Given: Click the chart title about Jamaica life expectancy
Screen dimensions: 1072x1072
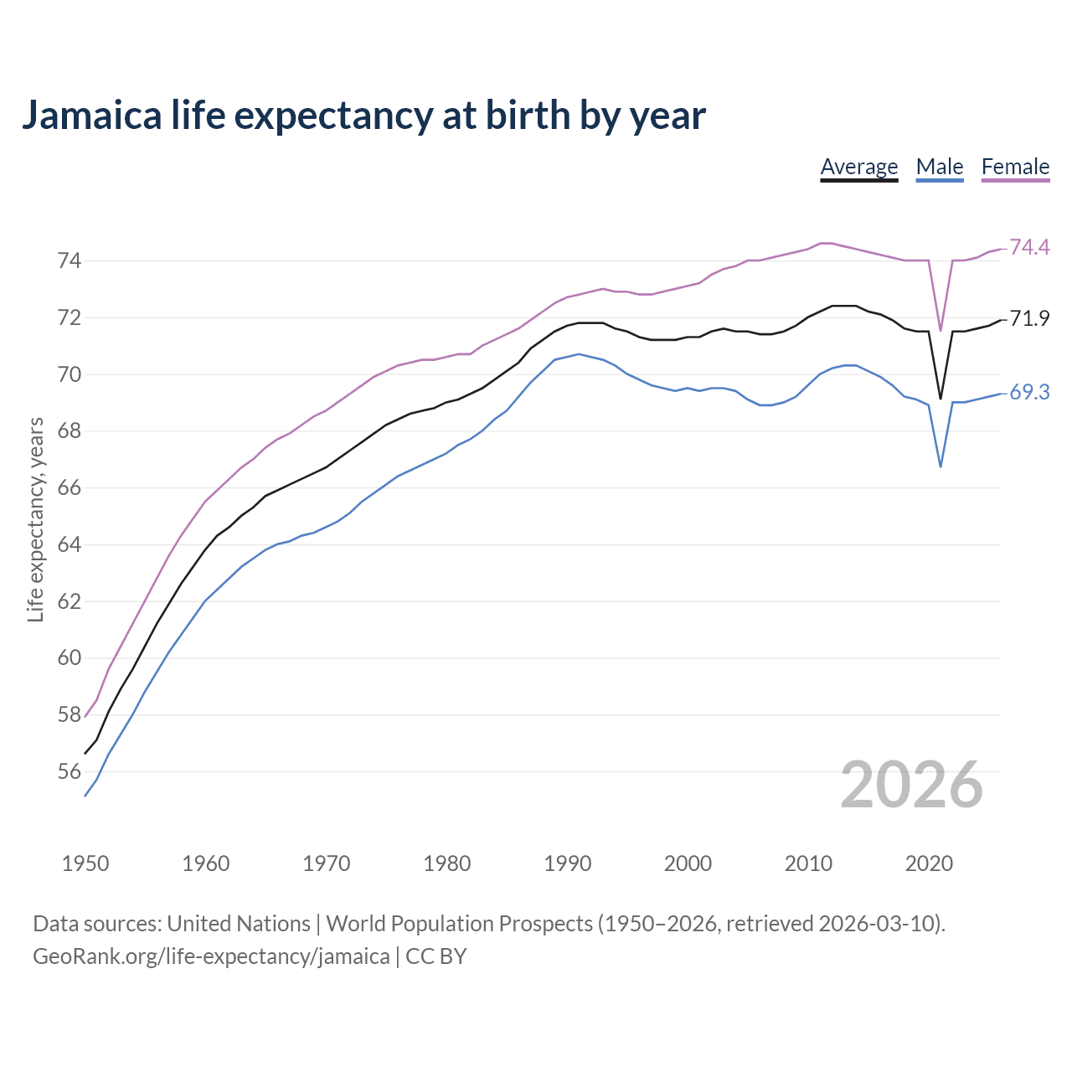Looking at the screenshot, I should [x=363, y=115].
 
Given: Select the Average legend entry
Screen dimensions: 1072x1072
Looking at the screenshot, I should [x=858, y=167].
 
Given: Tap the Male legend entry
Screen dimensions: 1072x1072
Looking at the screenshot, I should [x=940, y=167].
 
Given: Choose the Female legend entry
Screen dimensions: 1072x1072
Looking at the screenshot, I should [x=1015, y=167].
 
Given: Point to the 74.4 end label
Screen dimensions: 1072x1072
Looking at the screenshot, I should [x=1029, y=247].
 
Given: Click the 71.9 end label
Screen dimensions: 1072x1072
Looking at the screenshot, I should [x=1029, y=318].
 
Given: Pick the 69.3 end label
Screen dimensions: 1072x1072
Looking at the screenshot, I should [x=1029, y=392].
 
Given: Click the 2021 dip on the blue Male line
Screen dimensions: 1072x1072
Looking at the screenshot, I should [x=941, y=466].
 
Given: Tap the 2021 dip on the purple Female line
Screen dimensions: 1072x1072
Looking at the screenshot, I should [x=941, y=330].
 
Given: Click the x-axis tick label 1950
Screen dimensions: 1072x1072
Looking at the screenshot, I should [x=85, y=863].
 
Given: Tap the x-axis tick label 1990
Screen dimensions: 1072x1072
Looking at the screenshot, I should [x=567, y=863].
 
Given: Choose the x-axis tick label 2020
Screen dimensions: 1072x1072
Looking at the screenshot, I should [x=929, y=863].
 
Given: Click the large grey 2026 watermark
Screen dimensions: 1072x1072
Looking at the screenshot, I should [x=911, y=785].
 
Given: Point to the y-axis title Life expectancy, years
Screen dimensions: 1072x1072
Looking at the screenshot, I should [x=36, y=520].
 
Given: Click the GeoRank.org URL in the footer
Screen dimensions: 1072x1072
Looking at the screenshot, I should [x=211, y=956].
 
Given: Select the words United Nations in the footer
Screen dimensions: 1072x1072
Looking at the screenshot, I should [x=239, y=924].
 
